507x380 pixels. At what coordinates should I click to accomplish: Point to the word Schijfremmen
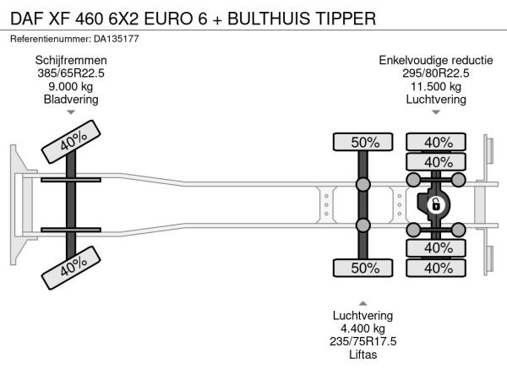pos(71,61)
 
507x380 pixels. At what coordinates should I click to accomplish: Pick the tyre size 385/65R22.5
pos(71,73)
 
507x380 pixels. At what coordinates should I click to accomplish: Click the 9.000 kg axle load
pos(71,86)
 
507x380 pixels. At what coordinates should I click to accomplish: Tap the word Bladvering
pos(71,99)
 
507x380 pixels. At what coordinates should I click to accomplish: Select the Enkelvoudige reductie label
pos(436,61)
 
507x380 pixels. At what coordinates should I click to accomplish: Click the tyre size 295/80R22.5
pos(436,73)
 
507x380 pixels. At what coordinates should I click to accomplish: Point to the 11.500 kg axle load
pos(436,86)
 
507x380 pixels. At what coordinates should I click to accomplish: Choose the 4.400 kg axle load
pos(363,328)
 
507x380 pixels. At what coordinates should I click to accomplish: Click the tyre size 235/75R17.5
pos(363,341)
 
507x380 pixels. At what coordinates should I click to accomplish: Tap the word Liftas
pos(363,354)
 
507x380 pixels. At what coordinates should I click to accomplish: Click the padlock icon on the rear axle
pos(436,204)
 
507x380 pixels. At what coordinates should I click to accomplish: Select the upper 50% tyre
pos(365,142)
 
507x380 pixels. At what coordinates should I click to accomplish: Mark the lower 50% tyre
pos(365,268)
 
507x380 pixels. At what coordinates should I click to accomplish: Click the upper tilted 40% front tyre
pos(71,144)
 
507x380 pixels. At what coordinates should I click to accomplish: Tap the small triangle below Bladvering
pos(71,112)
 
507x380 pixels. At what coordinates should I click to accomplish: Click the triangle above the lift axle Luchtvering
pos(363,303)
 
